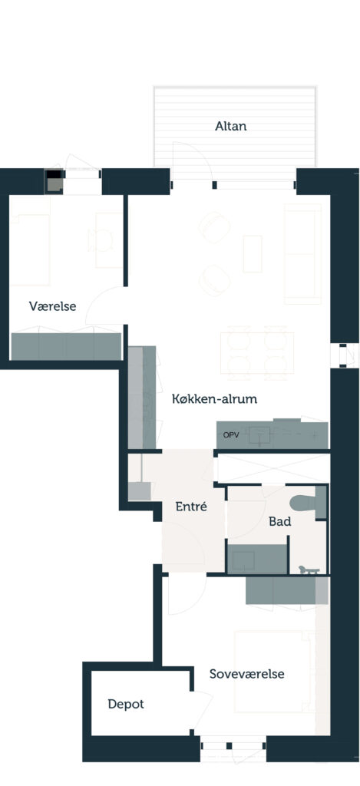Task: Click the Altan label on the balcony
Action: tap(230, 126)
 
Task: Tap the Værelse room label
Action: tap(53, 305)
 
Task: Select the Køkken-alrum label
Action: tap(215, 399)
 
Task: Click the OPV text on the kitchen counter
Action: tap(230, 435)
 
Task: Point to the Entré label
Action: tap(191, 507)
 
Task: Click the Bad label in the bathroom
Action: tap(279, 521)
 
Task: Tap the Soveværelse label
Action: tap(246, 674)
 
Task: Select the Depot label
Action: tap(126, 704)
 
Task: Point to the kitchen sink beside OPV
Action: tap(260, 435)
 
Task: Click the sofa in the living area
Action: tap(302, 253)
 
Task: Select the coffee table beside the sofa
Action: tap(253, 253)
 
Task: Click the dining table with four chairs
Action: tap(257, 352)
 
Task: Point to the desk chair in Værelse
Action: tap(99, 240)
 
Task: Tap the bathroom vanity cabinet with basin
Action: tap(258, 559)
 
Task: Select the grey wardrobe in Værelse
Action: tap(66, 346)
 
